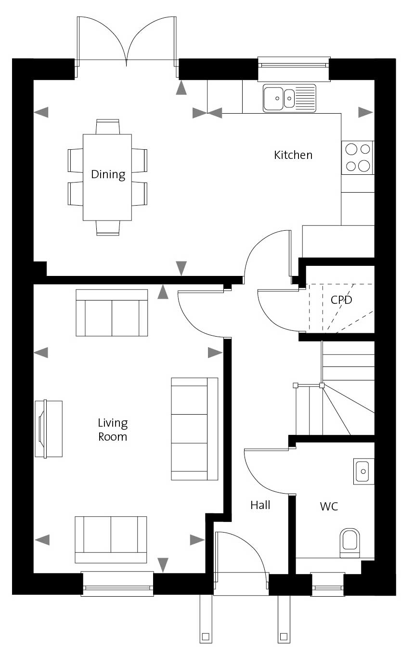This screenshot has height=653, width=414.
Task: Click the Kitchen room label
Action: coord(293,155)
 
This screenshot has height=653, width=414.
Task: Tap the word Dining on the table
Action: coord(108,175)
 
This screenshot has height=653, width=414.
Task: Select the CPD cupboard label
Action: coord(341,300)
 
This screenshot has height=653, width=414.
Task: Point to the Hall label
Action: coord(260,505)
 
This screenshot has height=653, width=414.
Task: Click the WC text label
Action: coord(329,507)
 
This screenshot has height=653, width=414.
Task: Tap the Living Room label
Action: coord(113,430)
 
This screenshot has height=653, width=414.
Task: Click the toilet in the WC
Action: coord(349,543)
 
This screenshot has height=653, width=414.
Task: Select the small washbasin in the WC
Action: coord(363,471)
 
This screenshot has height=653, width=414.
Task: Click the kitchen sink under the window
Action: coord(289,98)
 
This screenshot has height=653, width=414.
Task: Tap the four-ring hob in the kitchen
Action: coord(358,157)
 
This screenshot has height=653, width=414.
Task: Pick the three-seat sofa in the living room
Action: coord(194,429)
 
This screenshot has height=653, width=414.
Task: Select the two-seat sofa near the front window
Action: coord(111,540)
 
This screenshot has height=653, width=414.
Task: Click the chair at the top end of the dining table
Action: coord(107,127)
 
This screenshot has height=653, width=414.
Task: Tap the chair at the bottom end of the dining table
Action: coord(108,228)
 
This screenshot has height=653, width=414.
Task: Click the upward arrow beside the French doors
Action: coord(181,88)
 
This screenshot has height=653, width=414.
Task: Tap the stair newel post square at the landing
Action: coord(322,385)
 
